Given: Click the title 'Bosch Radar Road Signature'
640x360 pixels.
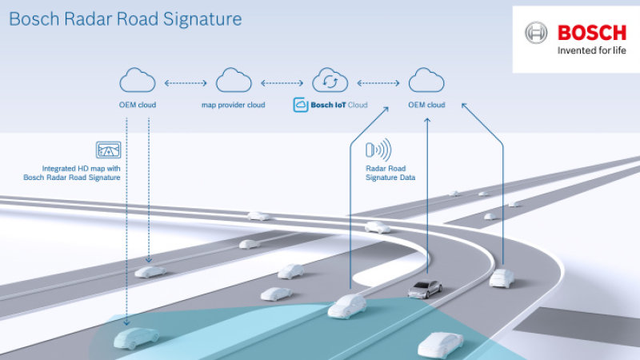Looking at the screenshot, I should [x=125, y=18].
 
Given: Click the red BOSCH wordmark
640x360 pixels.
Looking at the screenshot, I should [x=592, y=33].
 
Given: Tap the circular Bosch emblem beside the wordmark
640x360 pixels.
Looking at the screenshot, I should [x=537, y=34].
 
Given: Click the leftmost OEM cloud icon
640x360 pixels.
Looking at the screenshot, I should [x=137, y=81].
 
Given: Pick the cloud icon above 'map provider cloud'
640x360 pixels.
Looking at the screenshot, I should [x=234, y=81].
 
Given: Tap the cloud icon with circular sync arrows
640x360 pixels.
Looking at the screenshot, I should [x=331, y=81].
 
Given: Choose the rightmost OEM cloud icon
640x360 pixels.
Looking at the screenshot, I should [x=426, y=81].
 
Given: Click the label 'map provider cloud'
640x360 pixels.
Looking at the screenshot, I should [x=234, y=105].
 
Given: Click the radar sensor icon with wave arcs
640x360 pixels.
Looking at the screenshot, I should [x=378, y=150].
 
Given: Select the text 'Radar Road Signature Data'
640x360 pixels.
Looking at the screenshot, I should [x=389, y=173].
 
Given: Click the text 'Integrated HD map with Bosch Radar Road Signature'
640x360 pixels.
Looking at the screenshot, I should [x=82, y=173].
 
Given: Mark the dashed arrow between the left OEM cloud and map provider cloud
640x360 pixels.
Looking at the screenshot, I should [x=186, y=82].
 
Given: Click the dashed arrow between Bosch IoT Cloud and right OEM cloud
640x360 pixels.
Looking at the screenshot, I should [x=379, y=82].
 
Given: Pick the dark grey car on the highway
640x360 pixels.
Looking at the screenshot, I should [x=423, y=289].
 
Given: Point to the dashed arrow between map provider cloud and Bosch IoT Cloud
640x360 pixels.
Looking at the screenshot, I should [x=282, y=82].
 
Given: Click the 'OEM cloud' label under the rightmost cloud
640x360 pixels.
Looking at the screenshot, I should [x=426, y=105].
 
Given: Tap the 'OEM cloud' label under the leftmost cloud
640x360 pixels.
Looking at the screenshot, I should [x=137, y=105].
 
